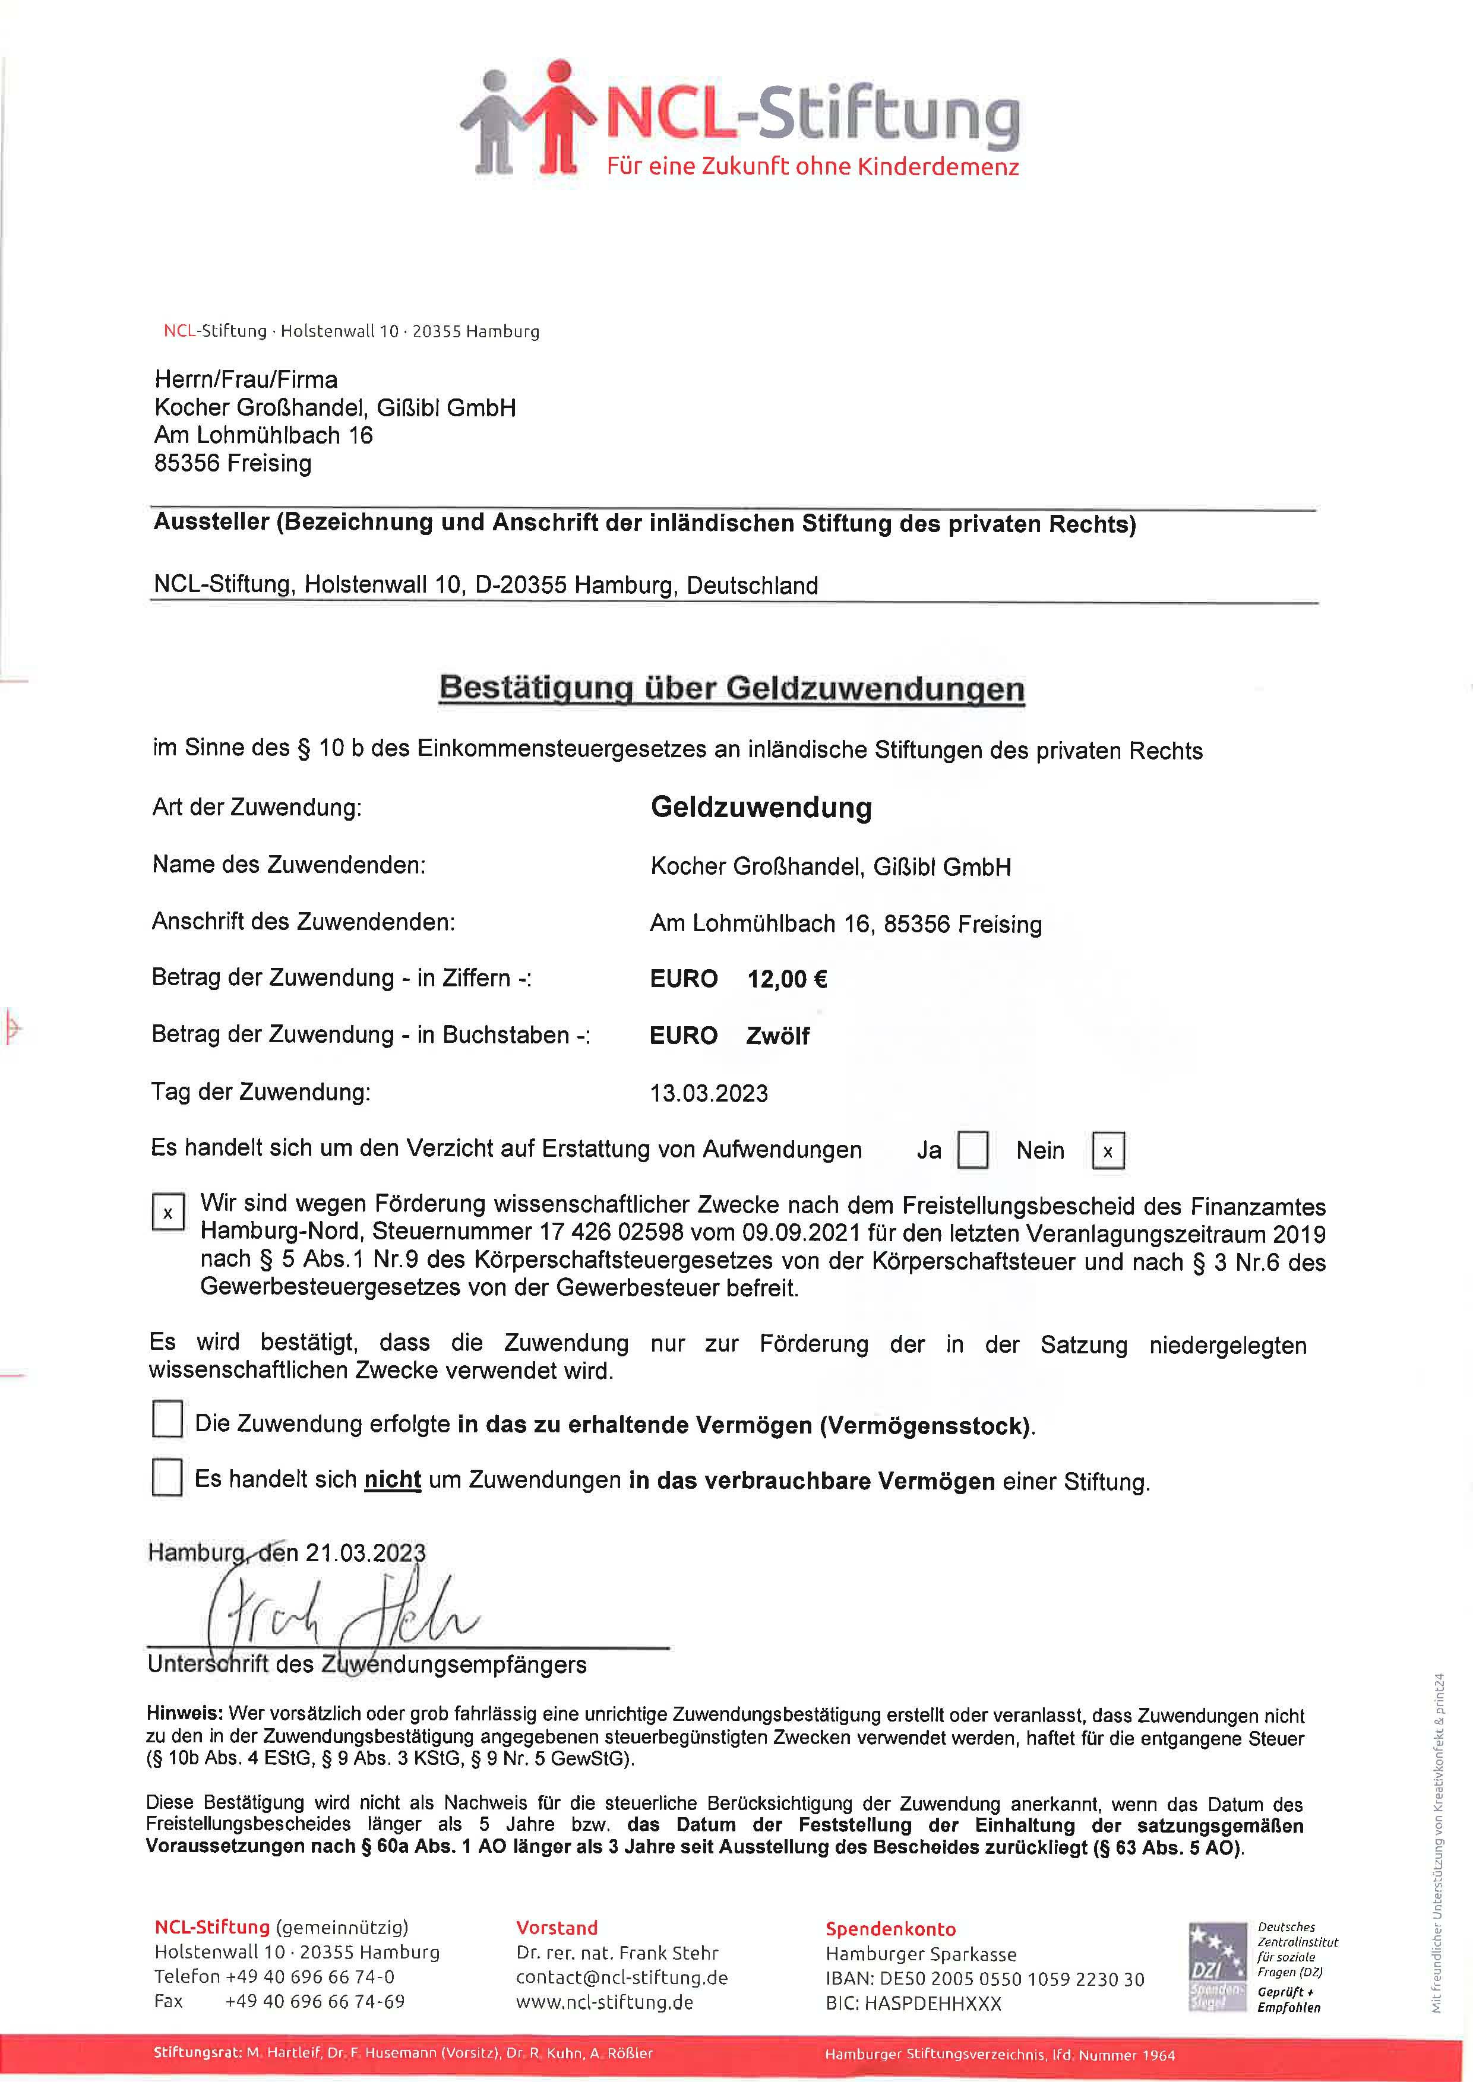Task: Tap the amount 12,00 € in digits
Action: click(x=786, y=979)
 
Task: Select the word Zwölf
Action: click(x=777, y=1036)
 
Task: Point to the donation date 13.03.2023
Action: click(x=709, y=1093)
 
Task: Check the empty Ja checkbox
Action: click(x=972, y=1150)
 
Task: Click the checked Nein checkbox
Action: click(x=1108, y=1151)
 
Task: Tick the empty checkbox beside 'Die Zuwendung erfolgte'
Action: click(x=167, y=1419)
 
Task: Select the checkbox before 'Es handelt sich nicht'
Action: click(x=167, y=1476)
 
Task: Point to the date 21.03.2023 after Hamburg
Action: click(x=365, y=1552)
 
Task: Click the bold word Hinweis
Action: click(x=184, y=1714)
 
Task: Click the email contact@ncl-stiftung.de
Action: click(x=621, y=1977)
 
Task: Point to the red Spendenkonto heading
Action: click(x=890, y=1929)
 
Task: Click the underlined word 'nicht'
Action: click(x=392, y=1479)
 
